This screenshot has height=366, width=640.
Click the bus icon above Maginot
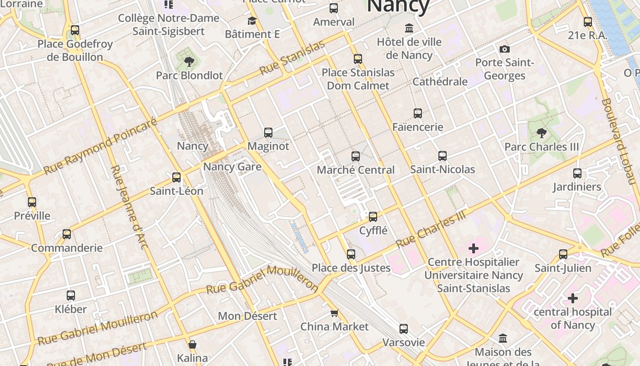tap(268, 133)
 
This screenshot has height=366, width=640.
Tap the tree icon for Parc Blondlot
tap(189, 62)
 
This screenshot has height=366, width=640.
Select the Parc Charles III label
tap(541, 147)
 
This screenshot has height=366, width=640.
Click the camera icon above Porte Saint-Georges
tap(504, 49)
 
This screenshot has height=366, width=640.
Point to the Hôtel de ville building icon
tap(409, 28)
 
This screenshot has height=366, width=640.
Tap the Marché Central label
tap(356, 170)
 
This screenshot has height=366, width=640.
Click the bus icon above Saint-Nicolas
tap(442, 156)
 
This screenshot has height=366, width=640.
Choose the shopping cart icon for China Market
tap(334, 313)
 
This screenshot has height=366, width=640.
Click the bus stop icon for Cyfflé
tap(373, 217)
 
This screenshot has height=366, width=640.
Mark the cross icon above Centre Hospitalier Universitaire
tap(474, 248)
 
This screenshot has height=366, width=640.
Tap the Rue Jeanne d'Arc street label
tap(129, 207)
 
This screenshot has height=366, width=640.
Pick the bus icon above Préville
tap(32, 202)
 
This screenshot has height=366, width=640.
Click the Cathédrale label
tap(440, 82)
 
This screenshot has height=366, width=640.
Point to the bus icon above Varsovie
tap(403, 329)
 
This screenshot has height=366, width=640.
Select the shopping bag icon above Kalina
tap(192, 344)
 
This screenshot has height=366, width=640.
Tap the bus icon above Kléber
tap(71, 296)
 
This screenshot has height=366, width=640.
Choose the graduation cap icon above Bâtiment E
tap(252, 21)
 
